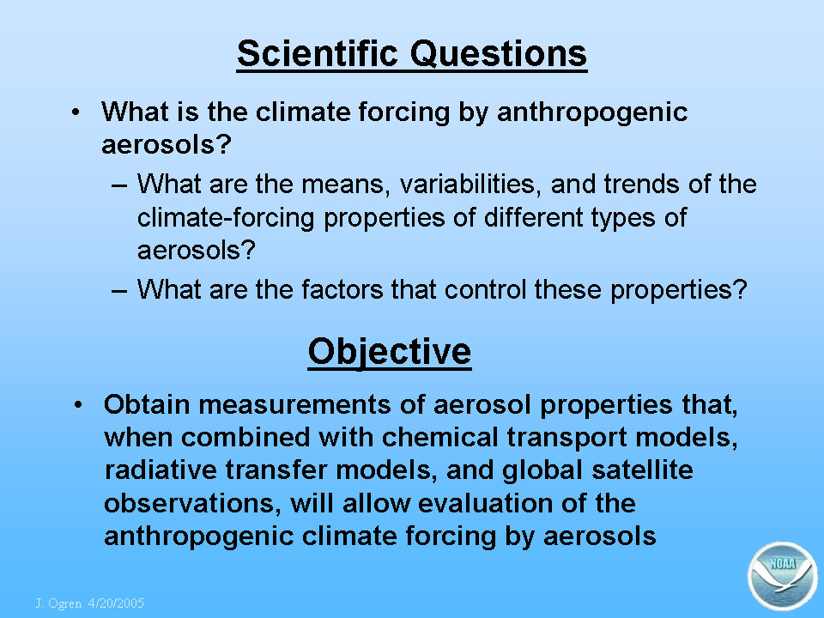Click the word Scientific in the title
318,53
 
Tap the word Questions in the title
498,54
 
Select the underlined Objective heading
390,352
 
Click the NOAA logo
783,576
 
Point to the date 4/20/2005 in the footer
116,603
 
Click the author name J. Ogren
58,603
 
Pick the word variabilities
470,185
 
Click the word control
485,289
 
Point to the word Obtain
147,404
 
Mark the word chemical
439,437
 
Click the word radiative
161,470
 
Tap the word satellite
642,470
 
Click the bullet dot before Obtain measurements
78,405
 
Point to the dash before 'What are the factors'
119,291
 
